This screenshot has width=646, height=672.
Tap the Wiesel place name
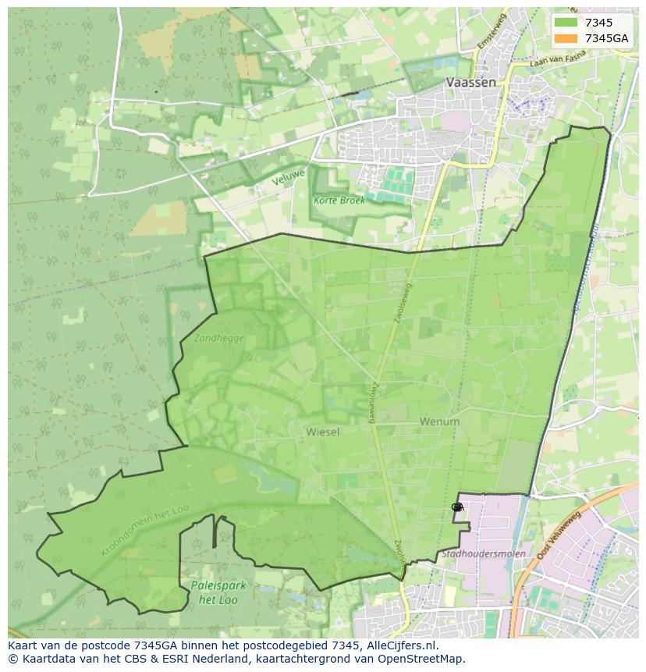tap(322, 432)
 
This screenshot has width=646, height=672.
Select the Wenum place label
tap(439, 421)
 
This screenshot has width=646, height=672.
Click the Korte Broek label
tap(339, 200)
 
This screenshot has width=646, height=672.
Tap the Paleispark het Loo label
tap(208, 592)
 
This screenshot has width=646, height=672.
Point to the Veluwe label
tap(288, 177)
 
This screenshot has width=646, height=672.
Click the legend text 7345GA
tap(606, 38)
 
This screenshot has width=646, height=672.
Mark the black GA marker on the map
tap(457, 507)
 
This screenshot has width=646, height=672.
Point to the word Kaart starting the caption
tap(24, 645)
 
